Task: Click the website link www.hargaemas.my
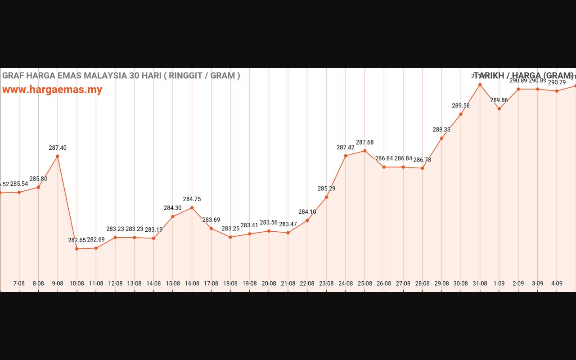[52, 90]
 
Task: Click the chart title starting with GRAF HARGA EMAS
[121, 76]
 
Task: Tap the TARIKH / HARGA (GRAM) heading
[524, 76]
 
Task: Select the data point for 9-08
[58, 156]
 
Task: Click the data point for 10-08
[77, 249]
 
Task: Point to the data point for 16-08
[192, 208]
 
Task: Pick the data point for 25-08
[365, 151]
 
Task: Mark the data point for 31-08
[480, 85]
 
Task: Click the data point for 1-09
[499, 109]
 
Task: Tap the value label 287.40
[58, 148]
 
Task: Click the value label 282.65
[77, 240]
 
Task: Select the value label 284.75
[192, 199]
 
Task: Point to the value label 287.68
[365, 143]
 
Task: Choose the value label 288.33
[441, 130]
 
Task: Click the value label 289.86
[499, 100]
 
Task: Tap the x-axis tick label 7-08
[19, 283]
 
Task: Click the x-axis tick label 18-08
[230, 283]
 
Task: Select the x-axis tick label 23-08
[326, 283]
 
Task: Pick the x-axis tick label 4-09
[557, 283]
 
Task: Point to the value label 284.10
[307, 212]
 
